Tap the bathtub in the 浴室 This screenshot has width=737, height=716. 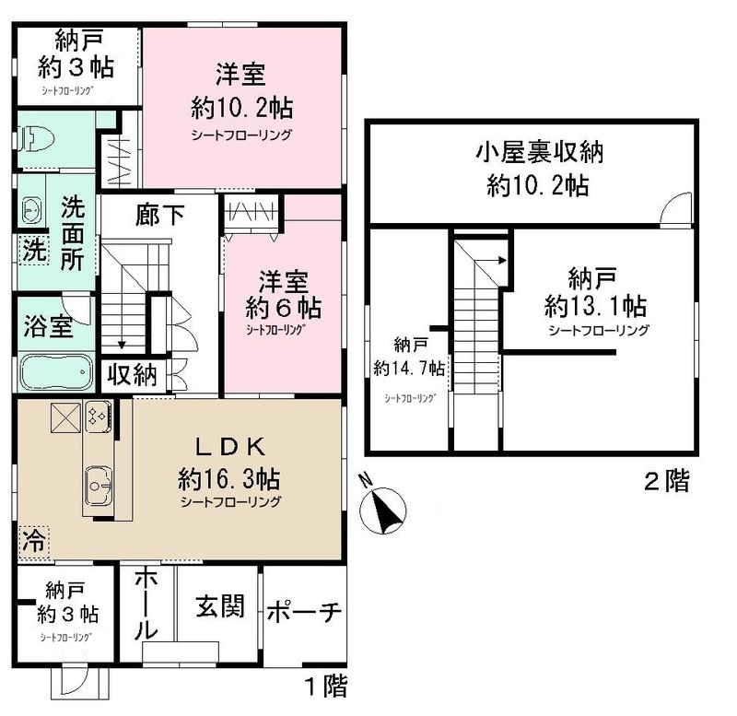(54, 371)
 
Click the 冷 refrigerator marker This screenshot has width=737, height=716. (31, 540)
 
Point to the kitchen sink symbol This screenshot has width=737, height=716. (99, 481)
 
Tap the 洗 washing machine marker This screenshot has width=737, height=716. (31, 249)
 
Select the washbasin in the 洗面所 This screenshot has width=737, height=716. (31, 211)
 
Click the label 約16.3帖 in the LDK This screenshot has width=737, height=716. (229, 479)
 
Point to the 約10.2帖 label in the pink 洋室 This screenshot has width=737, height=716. (242, 108)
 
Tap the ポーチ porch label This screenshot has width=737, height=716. (305, 611)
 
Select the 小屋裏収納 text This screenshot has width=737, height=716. (532, 153)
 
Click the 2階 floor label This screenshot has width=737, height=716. (665, 481)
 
